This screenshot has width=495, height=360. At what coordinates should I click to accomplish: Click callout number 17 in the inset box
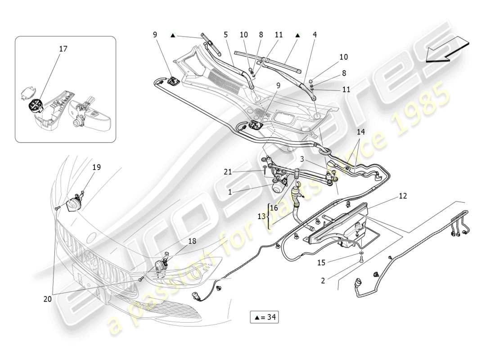(x=63, y=49)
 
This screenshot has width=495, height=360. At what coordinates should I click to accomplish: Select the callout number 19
(x=97, y=167)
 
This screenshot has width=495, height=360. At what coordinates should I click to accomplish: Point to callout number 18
(x=192, y=241)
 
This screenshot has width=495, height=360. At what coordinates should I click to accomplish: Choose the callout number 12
(x=402, y=196)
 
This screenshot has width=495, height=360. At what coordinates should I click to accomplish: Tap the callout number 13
(x=261, y=216)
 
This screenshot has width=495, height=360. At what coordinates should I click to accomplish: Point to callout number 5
(x=226, y=34)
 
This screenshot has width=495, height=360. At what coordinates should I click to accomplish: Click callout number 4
(x=315, y=34)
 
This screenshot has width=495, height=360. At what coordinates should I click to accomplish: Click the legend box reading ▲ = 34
(x=264, y=317)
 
